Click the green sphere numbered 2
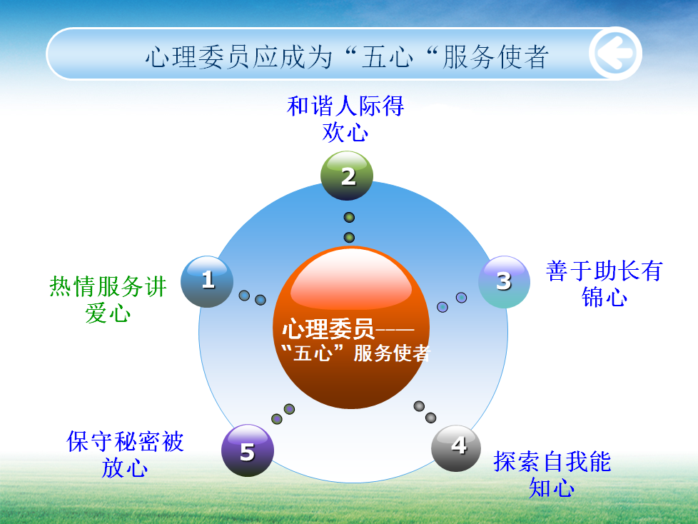point(347,176)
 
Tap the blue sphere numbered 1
point(207,281)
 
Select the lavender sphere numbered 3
point(504,282)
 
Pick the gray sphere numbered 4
point(456,448)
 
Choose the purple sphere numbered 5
point(248,450)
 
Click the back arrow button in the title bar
point(615,54)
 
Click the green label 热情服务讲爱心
point(108,299)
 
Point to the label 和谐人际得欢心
point(345,119)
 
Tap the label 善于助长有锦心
point(605,284)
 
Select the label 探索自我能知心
point(552,474)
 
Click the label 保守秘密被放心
point(125,454)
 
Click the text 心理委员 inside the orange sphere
point(328,329)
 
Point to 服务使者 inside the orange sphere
point(392,353)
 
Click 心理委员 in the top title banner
point(198,57)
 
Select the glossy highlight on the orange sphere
point(351,280)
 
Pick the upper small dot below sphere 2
point(350,217)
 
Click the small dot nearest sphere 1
point(244,295)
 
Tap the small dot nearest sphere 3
point(462,298)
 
